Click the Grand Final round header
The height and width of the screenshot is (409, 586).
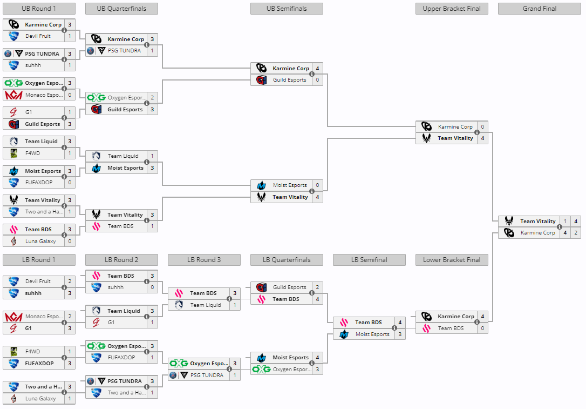(539, 9)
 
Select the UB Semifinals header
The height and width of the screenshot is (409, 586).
(287, 9)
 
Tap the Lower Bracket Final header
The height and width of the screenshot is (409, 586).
(452, 260)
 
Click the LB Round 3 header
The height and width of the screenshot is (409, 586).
(204, 260)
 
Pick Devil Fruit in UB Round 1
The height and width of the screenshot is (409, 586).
(38, 36)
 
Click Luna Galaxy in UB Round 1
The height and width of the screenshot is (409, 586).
(40, 241)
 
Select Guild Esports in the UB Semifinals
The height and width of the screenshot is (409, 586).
(289, 80)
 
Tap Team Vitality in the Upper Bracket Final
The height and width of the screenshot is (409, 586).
(455, 138)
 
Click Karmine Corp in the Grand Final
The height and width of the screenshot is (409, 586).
(537, 233)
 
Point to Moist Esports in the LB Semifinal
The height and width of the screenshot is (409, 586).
(372, 334)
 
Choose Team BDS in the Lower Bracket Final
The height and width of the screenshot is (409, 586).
(451, 328)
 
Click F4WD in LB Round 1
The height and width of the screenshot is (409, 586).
(32, 352)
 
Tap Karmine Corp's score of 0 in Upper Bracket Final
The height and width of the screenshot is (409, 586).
(482, 127)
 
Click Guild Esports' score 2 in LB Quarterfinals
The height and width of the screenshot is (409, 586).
(317, 287)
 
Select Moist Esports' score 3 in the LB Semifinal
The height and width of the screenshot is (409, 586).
(400, 334)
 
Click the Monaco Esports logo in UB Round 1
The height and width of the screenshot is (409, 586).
(13, 95)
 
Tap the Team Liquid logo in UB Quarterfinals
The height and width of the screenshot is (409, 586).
(96, 156)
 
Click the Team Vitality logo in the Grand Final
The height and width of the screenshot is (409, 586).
(509, 221)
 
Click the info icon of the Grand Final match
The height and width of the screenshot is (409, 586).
(560, 227)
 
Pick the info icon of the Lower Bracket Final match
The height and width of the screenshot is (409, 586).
(477, 323)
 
